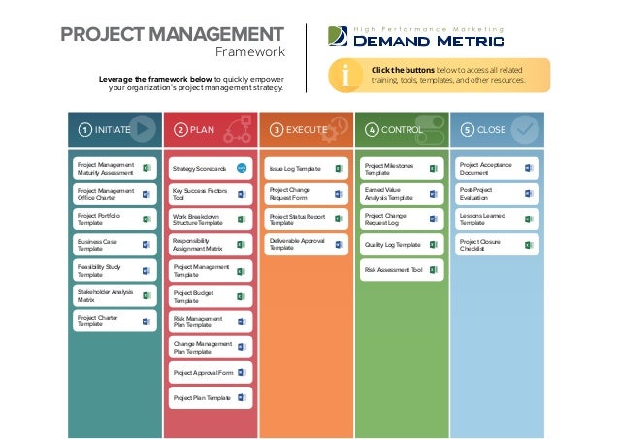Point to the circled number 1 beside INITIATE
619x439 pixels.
click(85, 128)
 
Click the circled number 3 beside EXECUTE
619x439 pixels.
click(277, 128)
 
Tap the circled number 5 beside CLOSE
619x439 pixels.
click(467, 128)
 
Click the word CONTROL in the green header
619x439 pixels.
click(402, 128)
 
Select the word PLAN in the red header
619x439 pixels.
click(203, 128)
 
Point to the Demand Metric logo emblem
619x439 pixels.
click(337, 37)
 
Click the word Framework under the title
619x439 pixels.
click(249, 52)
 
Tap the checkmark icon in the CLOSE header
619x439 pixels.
click(525, 128)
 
